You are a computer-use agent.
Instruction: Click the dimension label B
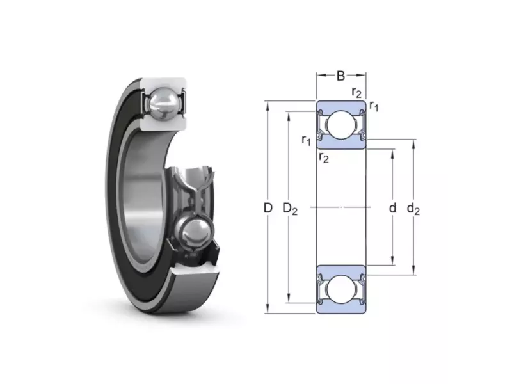(x=340, y=76)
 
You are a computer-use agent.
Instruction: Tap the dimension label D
(x=268, y=207)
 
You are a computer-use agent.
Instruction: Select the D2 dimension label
(x=290, y=209)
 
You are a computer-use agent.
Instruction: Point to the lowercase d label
(x=392, y=207)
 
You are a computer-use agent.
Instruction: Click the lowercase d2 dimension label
(x=413, y=209)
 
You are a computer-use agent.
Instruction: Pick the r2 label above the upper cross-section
(x=356, y=92)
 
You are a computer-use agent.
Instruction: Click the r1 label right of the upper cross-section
(x=374, y=106)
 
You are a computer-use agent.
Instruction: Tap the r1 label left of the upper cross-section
(x=306, y=140)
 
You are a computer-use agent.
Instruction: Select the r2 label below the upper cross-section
(x=324, y=158)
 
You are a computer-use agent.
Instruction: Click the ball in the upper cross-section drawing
(x=340, y=125)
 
